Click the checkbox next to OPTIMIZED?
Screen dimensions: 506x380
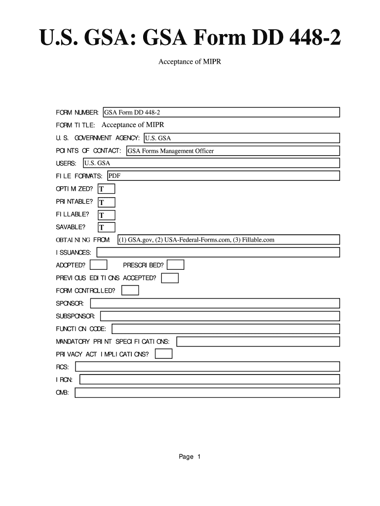[107, 189]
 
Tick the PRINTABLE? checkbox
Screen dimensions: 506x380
[107, 202]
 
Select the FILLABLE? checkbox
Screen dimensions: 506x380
[107, 215]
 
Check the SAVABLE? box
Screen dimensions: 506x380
[107, 227]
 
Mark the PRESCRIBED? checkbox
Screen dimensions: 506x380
[176, 265]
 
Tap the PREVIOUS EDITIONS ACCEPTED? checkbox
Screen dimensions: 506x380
[170, 278]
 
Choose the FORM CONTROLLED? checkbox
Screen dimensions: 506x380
[130, 291]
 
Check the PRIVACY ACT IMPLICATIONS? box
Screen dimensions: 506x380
[163, 354]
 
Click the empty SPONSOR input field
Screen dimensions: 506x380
[214, 303]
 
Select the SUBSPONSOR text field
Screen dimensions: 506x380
[220, 316]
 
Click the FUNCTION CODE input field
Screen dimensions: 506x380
[226, 329]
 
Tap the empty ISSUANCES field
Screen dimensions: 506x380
[218, 253]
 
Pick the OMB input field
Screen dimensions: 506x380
[207, 393]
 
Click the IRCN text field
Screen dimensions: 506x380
[209, 379]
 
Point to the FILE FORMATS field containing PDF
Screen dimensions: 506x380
[223, 176]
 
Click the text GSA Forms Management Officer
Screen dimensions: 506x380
[171, 151]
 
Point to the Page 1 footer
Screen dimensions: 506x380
[190, 457]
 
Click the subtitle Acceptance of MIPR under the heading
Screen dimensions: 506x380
[190, 63]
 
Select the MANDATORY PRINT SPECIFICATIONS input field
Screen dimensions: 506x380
[258, 341]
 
